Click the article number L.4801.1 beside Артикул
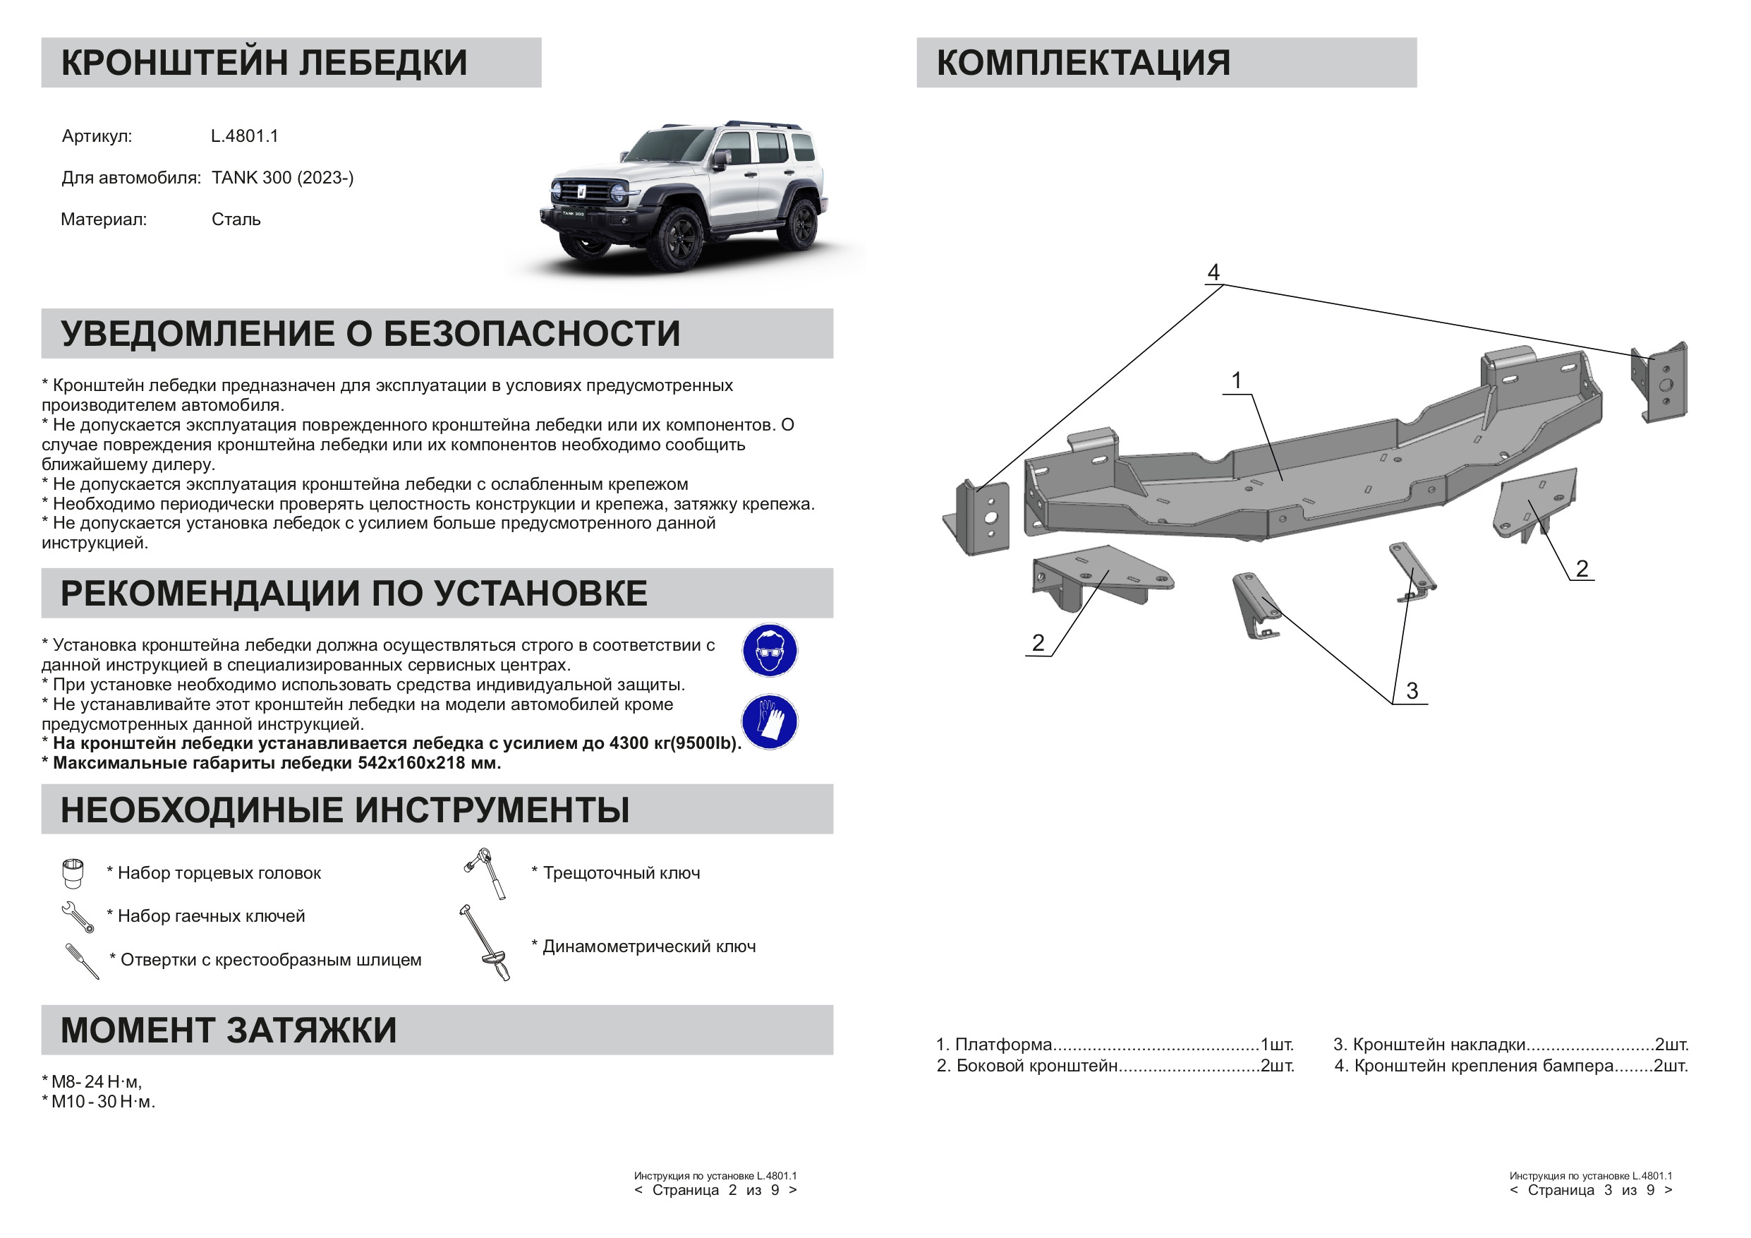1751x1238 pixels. (x=244, y=136)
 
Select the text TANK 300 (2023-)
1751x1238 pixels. (x=282, y=178)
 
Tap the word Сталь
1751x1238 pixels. (x=236, y=220)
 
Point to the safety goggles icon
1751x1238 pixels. (x=770, y=650)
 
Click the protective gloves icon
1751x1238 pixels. (x=770, y=721)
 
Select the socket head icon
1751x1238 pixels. (x=73, y=873)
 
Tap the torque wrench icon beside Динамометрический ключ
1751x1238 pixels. (x=485, y=943)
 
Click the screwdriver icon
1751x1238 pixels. (x=83, y=961)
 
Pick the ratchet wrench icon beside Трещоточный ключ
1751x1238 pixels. (x=485, y=873)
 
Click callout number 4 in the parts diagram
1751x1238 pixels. (x=1213, y=272)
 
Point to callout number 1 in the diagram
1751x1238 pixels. (x=1236, y=380)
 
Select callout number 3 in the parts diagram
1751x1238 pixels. (x=1412, y=691)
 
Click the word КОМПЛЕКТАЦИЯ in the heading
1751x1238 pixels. (x=1083, y=63)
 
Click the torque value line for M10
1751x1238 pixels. (x=99, y=1102)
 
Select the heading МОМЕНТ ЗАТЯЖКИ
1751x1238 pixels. (x=228, y=1030)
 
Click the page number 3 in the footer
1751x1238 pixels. (x=1608, y=1190)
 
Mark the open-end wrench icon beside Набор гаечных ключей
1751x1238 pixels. (x=78, y=917)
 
